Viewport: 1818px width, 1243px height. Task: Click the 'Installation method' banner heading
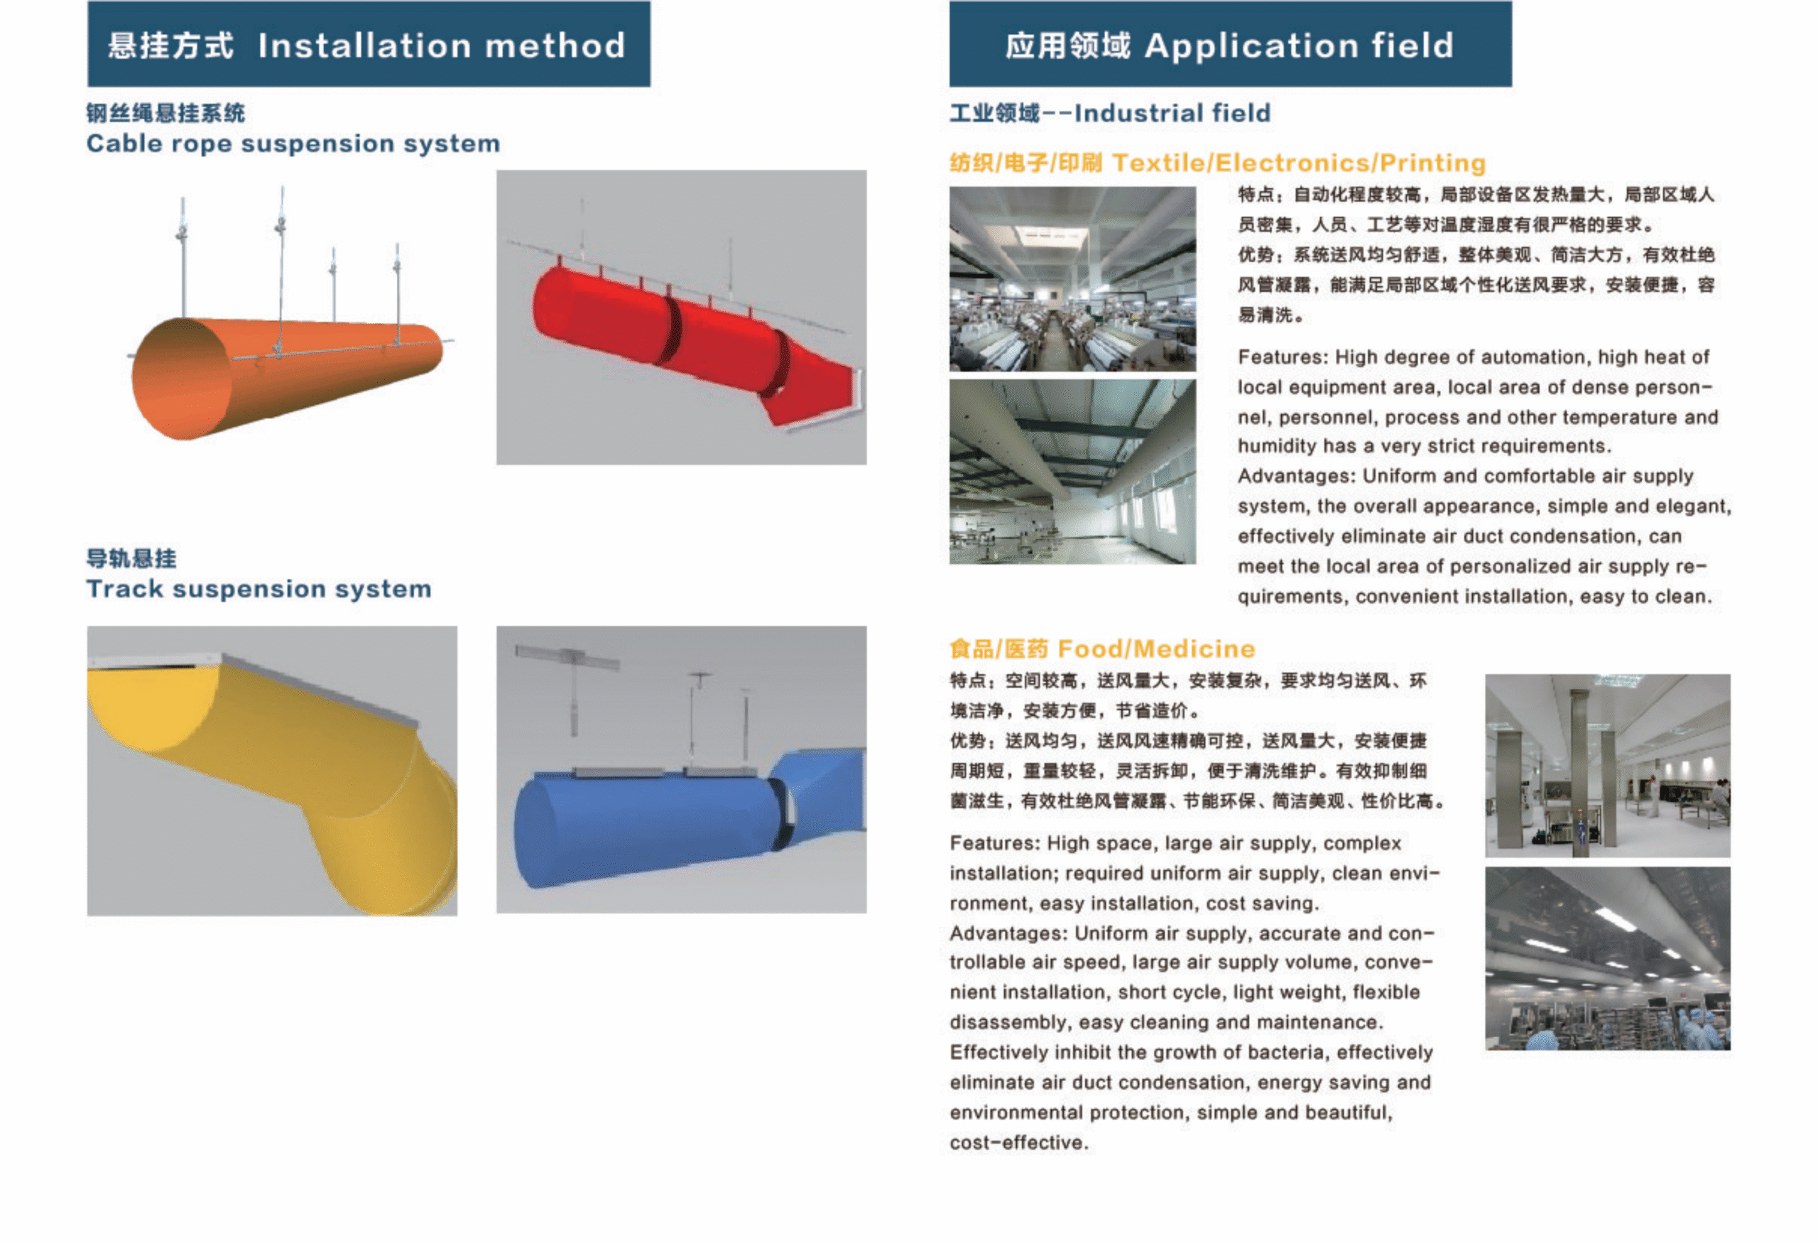441,45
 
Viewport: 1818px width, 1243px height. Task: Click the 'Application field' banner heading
1300,45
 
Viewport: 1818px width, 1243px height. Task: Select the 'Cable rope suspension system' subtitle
293,144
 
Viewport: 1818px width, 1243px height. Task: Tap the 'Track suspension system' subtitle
259,589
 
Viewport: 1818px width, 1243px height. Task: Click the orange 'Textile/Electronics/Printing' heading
1299,163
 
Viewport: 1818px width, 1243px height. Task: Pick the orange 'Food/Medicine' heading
1156,648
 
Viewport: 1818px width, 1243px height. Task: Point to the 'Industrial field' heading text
1172,113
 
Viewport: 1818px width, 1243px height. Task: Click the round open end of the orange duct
182,379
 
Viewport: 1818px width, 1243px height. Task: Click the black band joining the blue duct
779,814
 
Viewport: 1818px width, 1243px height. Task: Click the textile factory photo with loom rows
1072,278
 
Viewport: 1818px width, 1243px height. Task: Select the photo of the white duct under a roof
1072,472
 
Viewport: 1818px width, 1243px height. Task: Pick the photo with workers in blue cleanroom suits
1608,958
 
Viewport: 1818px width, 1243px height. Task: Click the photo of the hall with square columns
1608,766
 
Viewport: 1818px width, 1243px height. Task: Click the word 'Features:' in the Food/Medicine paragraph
994,843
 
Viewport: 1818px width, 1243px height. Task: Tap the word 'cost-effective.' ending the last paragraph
1018,1143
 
